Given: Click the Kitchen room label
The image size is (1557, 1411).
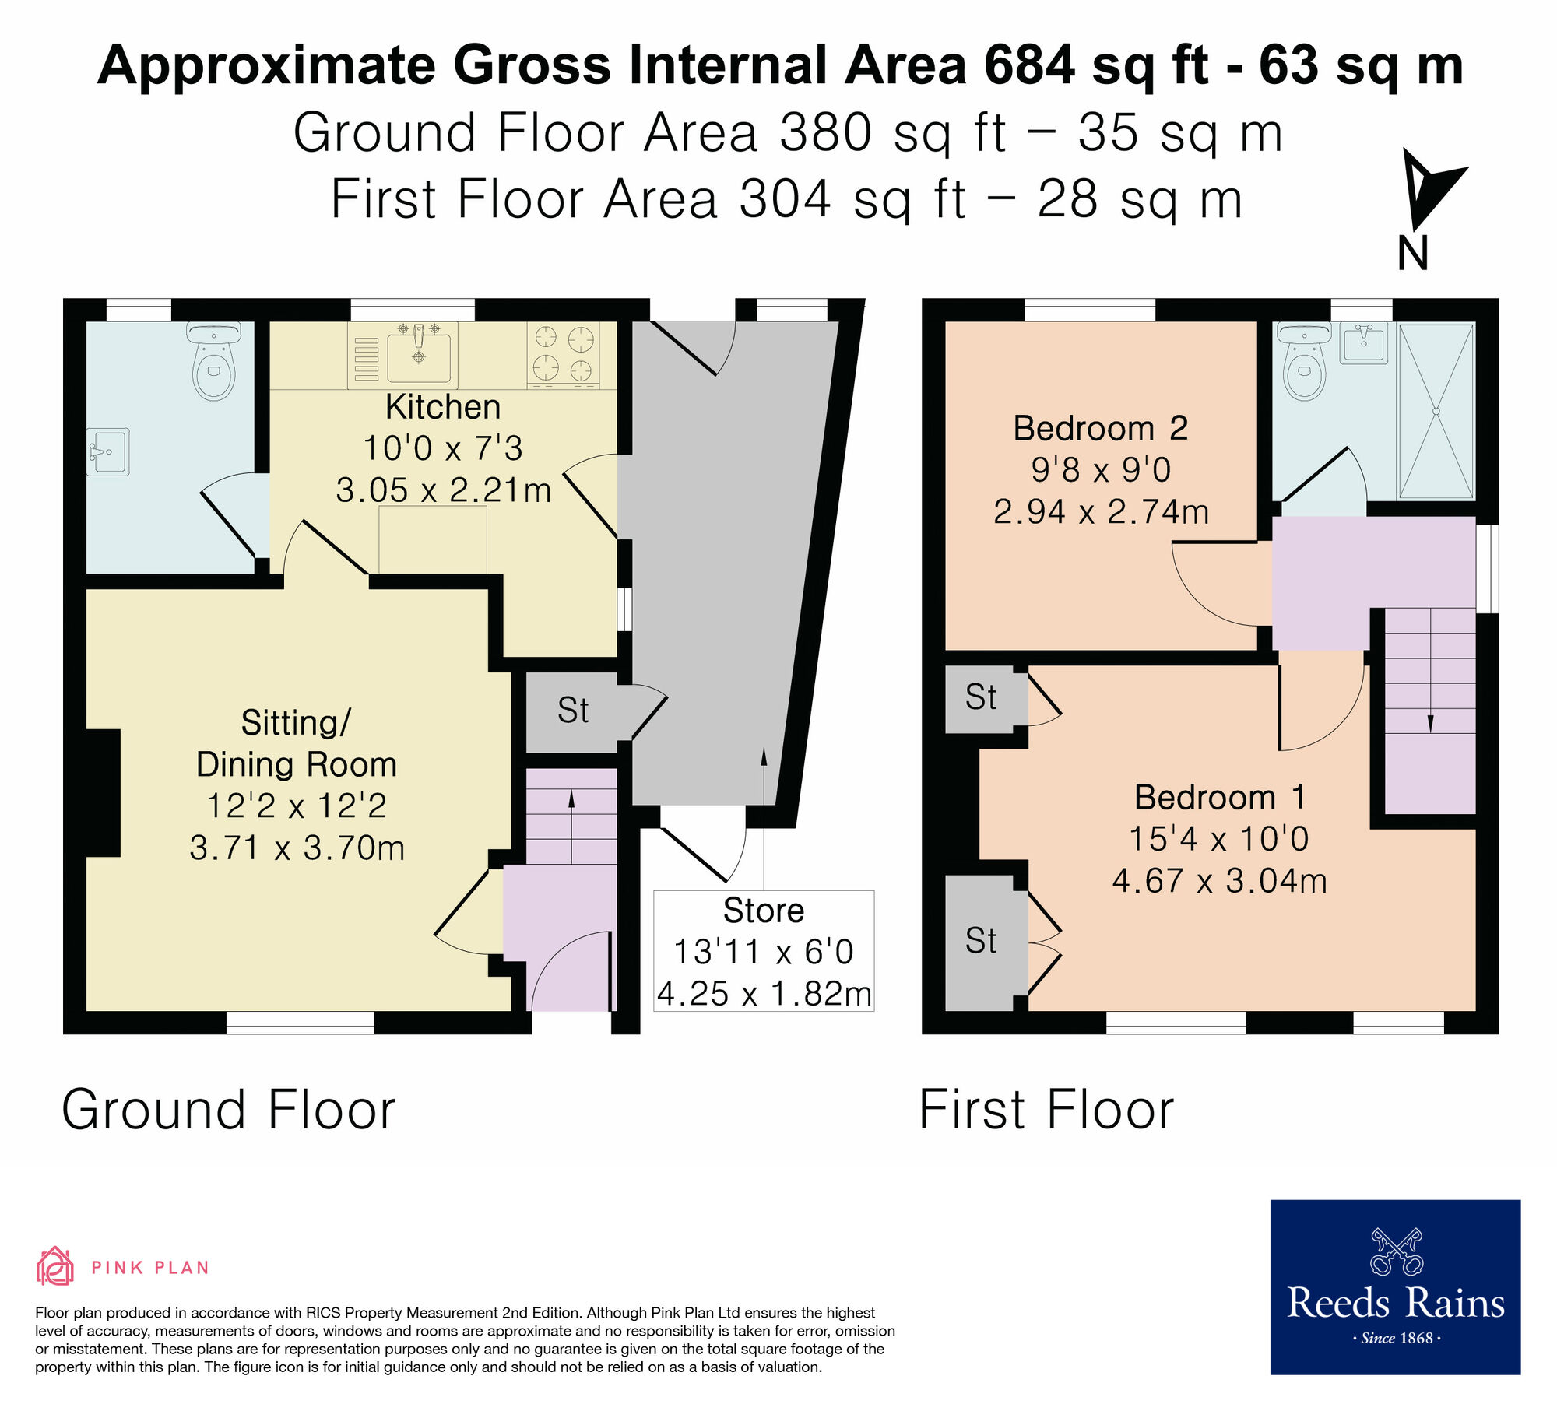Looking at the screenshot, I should click(442, 407).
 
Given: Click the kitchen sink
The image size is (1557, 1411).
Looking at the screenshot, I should click(419, 354).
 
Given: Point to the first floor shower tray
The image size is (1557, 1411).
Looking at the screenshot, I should click(1436, 411).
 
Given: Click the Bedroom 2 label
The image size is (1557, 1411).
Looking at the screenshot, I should click(1100, 428).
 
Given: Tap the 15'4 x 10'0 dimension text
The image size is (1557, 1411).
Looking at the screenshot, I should click(1218, 839).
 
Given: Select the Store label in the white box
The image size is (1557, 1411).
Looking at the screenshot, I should click(763, 910).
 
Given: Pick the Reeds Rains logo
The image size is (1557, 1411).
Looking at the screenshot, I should click(1395, 1287).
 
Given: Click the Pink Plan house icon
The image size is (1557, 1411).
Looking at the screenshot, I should click(54, 1266).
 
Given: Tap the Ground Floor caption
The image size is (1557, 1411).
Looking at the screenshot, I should click(228, 1110).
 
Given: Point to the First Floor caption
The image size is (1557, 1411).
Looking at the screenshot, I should click(1046, 1110).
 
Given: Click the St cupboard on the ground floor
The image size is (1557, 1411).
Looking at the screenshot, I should click(573, 711).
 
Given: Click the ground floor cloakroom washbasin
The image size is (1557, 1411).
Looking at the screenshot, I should click(108, 451).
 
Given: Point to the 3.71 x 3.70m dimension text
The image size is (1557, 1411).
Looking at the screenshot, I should click(297, 848).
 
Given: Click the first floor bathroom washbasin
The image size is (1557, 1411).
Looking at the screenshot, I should click(1364, 343).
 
